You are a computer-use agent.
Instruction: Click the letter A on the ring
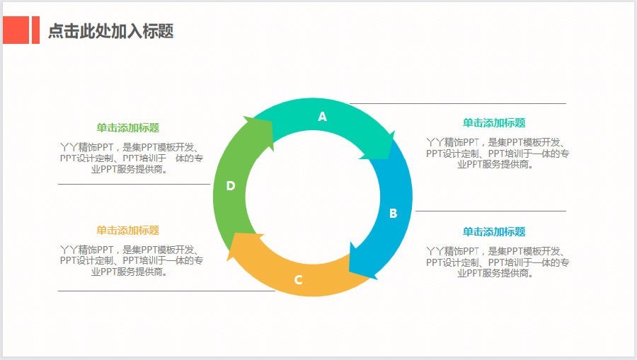pos(322,117)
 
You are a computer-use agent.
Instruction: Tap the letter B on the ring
pos(393,213)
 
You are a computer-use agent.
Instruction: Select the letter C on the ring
pos(298,279)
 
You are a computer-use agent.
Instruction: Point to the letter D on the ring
pos(230,186)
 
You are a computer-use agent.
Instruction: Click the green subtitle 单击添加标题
pos(127,128)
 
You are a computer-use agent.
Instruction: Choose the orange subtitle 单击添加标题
pos(127,231)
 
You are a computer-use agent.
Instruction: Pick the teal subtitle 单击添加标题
pos(494,123)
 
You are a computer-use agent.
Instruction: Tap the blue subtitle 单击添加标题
pos(494,232)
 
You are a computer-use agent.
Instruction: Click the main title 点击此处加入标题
pos(111,31)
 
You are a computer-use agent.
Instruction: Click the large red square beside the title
pos(16,30)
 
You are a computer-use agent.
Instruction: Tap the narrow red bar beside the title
pos(36,30)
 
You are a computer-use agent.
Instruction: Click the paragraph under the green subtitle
pos(131,158)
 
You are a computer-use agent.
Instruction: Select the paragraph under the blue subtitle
pos(498,262)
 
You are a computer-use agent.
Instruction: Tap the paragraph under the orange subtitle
pos(131,260)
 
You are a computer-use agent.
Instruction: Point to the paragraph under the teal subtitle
pos(498,153)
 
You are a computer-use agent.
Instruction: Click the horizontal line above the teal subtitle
pos(458,103)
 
